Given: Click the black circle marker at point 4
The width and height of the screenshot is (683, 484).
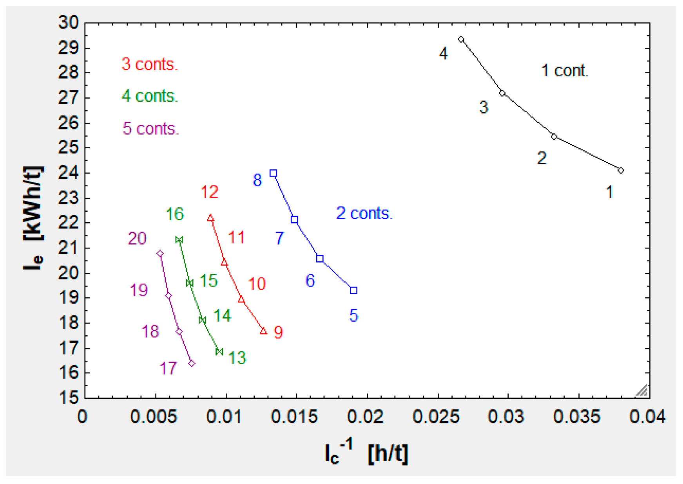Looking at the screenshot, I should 461,40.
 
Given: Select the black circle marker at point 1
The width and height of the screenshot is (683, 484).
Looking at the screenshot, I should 620,170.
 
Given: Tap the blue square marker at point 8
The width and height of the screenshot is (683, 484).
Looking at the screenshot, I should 273,173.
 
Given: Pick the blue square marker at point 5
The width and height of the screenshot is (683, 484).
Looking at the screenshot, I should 353,290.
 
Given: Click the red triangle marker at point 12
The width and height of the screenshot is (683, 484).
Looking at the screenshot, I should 211,218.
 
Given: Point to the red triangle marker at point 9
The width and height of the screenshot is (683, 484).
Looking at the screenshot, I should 263,331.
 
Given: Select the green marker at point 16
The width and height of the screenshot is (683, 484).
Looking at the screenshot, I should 179,240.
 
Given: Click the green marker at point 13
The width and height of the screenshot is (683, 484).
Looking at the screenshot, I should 219,351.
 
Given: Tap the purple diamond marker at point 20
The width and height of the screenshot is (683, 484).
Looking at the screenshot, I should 160,254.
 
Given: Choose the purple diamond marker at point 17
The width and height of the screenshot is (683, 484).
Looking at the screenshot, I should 192,363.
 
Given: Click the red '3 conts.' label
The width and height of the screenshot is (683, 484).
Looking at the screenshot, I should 149,64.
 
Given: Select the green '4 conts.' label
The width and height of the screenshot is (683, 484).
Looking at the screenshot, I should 149,96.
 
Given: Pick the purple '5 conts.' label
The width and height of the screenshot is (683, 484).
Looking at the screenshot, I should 150,128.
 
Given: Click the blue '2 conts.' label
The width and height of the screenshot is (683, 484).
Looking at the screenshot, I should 364,213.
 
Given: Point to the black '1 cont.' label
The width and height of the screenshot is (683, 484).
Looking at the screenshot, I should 565,71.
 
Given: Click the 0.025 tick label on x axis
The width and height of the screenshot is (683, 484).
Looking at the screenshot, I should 436,417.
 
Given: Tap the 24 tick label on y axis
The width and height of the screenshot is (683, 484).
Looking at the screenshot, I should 69,173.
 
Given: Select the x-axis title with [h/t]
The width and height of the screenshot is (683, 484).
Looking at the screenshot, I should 366,453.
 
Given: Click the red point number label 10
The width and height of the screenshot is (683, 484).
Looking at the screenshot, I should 257,284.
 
